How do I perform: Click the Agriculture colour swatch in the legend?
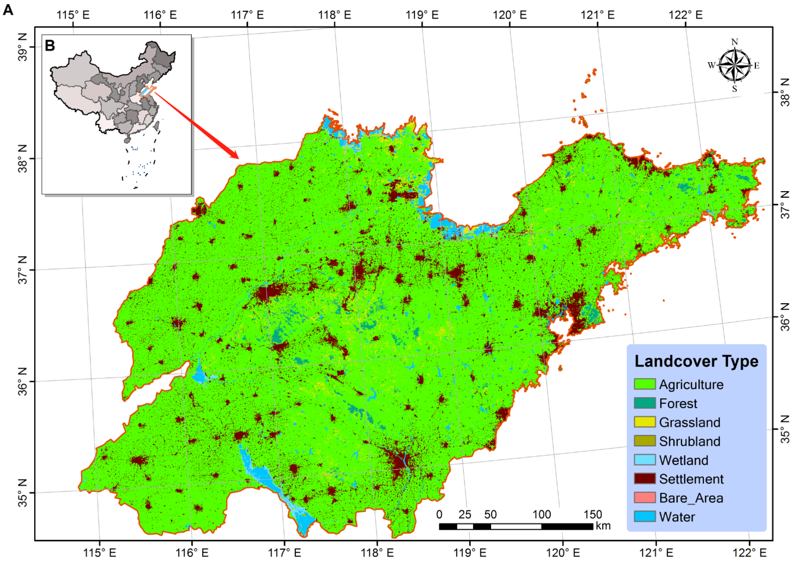(x=644, y=384)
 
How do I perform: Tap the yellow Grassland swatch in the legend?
(x=644, y=422)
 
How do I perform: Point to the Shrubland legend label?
(x=689, y=441)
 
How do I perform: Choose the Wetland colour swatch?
(x=644, y=460)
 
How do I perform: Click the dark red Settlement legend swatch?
(x=644, y=479)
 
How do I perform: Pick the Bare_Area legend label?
(x=691, y=498)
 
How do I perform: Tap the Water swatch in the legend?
(x=644, y=517)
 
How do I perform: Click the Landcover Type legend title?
(x=696, y=361)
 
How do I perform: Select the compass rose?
(x=734, y=65)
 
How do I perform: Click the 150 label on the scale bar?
(x=592, y=515)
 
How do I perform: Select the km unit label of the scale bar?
(x=603, y=526)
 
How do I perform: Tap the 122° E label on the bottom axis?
(x=749, y=553)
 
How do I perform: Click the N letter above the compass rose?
(x=734, y=42)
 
